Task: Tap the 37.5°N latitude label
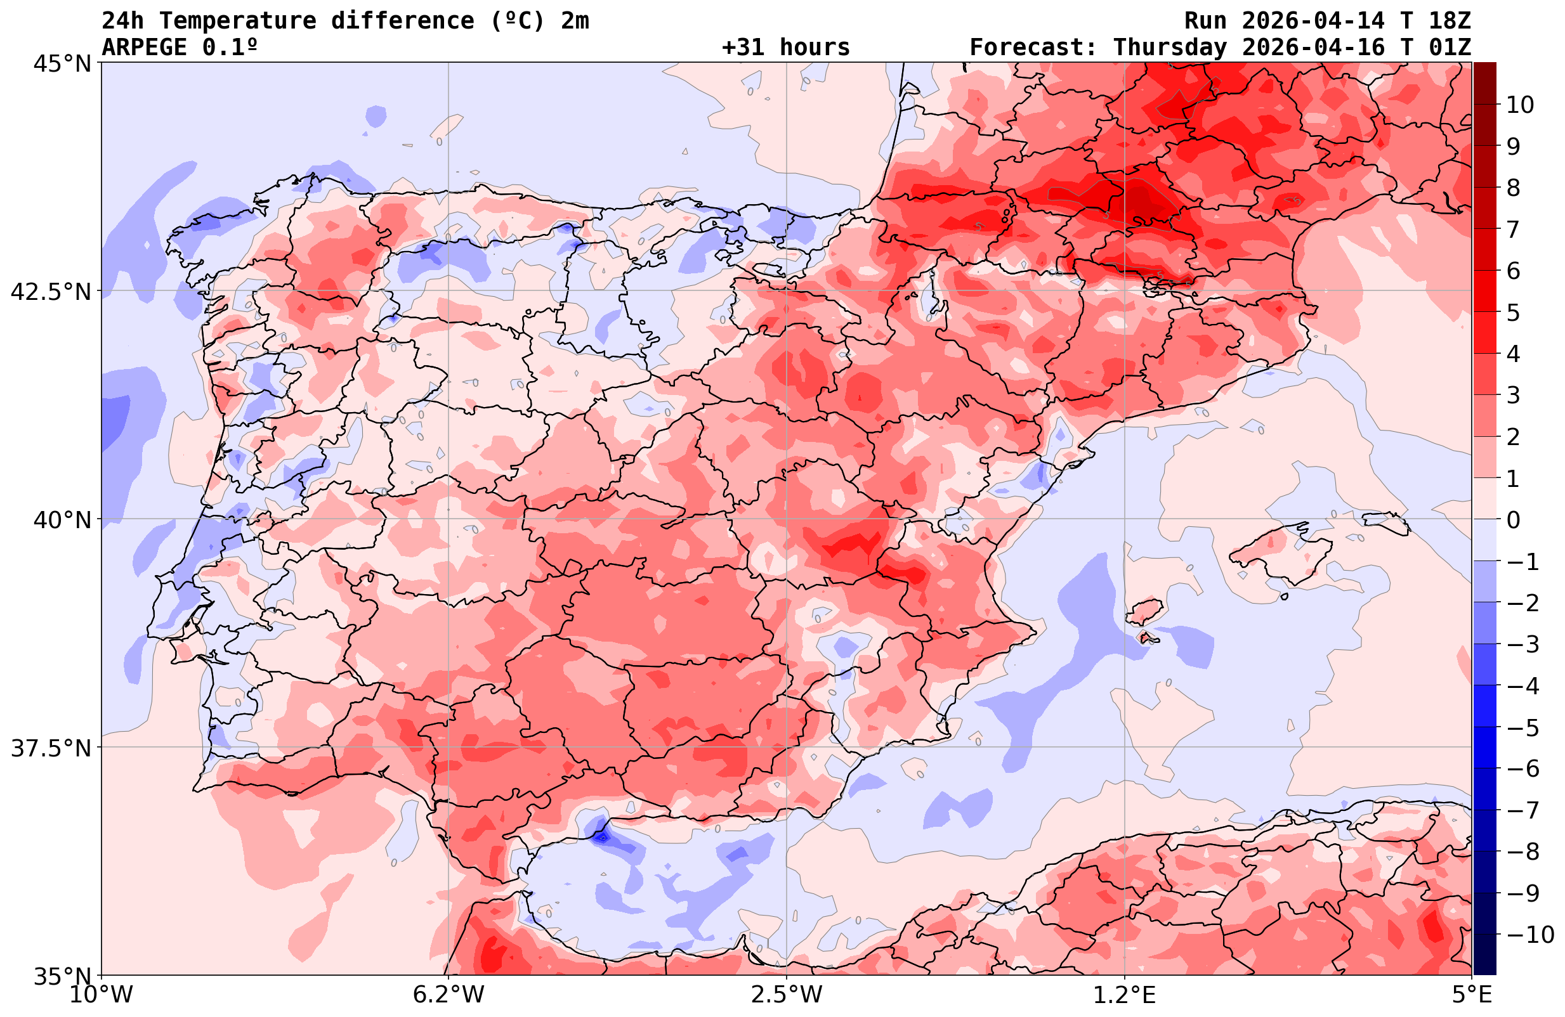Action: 50,748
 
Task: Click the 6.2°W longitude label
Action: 449,995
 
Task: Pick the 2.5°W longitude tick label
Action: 787,995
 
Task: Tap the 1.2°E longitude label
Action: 1125,995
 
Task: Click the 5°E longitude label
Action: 1472,995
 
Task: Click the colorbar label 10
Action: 1521,105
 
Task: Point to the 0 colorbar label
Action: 1513,520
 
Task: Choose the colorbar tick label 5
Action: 1513,313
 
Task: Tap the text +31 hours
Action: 786,48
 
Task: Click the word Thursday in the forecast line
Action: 1170,48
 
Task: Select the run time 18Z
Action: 1450,21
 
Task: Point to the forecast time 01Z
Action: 1450,48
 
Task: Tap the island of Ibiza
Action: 1145,612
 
